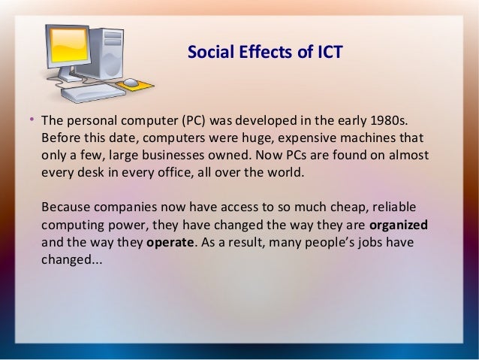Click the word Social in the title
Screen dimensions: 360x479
point(206,53)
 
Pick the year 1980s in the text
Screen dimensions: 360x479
point(389,122)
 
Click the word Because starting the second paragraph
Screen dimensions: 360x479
point(66,207)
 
